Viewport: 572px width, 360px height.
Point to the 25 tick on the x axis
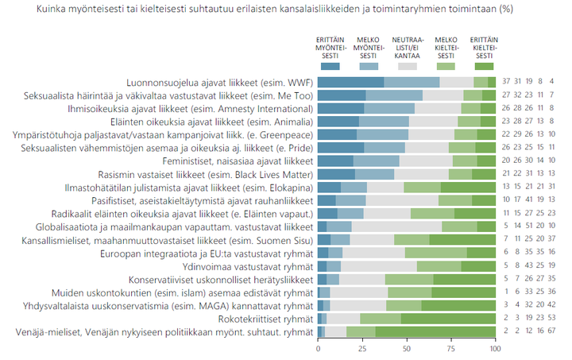(362, 349)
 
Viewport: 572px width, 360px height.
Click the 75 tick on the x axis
(450, 349)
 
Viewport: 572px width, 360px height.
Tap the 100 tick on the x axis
(493, 349)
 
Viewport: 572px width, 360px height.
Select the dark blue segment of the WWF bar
(350, 83)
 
